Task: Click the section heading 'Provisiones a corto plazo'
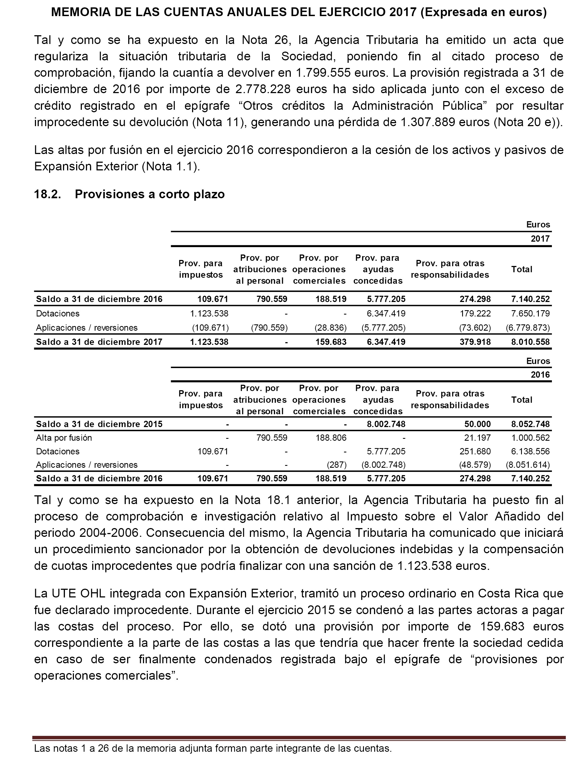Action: (150, 194)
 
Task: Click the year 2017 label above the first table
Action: (540, 239)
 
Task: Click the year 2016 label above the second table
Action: (540, 375)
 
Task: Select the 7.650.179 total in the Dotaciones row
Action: (530, 313)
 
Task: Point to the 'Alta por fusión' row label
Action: (64, 438)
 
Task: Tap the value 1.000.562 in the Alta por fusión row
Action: (530, 438)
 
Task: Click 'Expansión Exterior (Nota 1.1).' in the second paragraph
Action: (117, 167)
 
